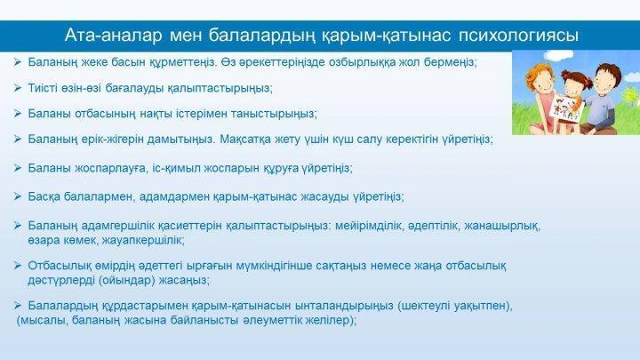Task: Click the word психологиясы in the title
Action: click(x=518, y=36)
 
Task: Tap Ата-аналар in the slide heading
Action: click(x=113, y=35)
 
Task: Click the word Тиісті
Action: click(x=43, y=88)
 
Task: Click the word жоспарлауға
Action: click(x=110, y=168)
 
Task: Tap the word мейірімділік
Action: click(x=369, y=225)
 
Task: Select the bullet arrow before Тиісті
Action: click(x=18, y=88)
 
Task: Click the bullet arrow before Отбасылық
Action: click(x=18, y=266)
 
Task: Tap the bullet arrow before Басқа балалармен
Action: click(x=18, y=196)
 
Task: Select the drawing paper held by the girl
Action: click(x=565, y=108)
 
